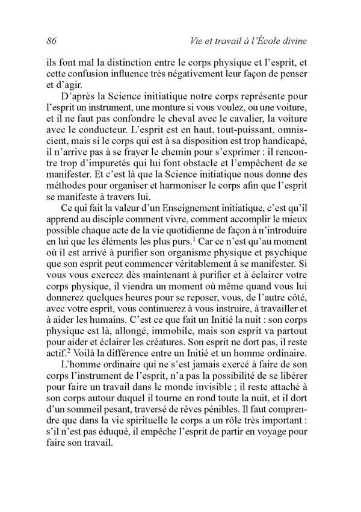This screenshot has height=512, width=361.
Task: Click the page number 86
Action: pyautogui.click(x=51, y=40)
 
